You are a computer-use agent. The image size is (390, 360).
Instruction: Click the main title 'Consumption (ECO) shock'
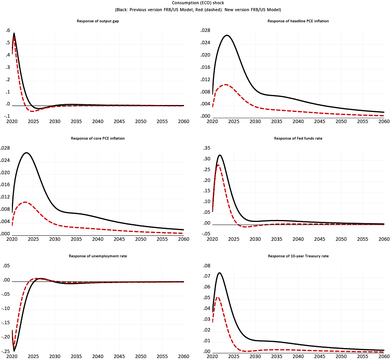(195, 3)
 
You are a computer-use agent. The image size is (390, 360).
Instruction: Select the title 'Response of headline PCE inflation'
(298, 21)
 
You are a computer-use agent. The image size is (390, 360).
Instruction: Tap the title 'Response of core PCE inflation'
(98, 138)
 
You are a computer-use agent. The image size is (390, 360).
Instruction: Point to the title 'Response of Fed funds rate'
(298, 138)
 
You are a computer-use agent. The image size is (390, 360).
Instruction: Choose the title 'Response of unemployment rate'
(98, 256)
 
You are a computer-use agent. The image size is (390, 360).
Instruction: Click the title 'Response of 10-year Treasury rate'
(298, 256)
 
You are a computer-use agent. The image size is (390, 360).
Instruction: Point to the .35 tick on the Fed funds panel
(206, 148)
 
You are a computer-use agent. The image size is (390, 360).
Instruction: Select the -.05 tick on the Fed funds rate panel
(206, 234)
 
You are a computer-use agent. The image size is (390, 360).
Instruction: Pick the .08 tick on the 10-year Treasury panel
(206, 266)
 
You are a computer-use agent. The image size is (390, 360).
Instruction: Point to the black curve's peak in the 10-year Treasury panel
(219, 273)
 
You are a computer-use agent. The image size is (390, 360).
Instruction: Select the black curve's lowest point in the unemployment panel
(14, 351)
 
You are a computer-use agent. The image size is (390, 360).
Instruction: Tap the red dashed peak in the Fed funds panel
(218, 165)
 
